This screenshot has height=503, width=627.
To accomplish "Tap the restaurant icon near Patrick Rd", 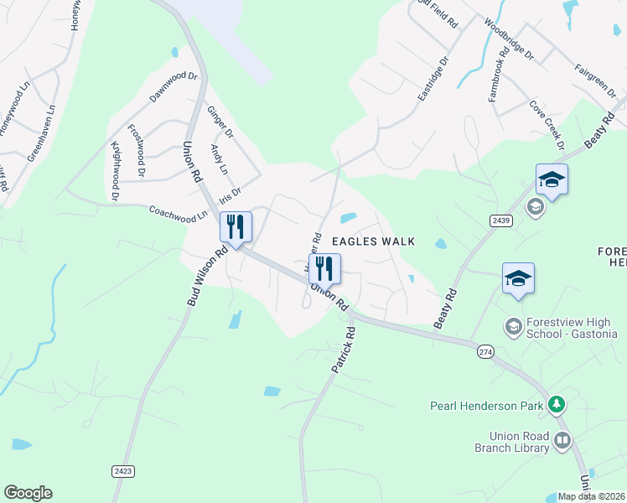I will tap(324, 269).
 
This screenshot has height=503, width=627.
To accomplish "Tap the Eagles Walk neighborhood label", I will tap(374, 241).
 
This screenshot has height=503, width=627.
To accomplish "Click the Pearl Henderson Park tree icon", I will tap(555, 406).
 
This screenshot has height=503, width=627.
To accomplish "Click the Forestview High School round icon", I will tap(512, 324).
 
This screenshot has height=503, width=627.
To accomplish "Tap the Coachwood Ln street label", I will tap(178, 214).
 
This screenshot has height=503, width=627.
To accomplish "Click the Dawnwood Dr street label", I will tap(173, 87).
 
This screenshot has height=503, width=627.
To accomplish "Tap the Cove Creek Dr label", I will tap(545, 122).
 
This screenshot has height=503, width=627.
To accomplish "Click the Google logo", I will tap(28, 492).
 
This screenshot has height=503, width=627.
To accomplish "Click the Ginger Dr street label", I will tap(220, 122).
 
